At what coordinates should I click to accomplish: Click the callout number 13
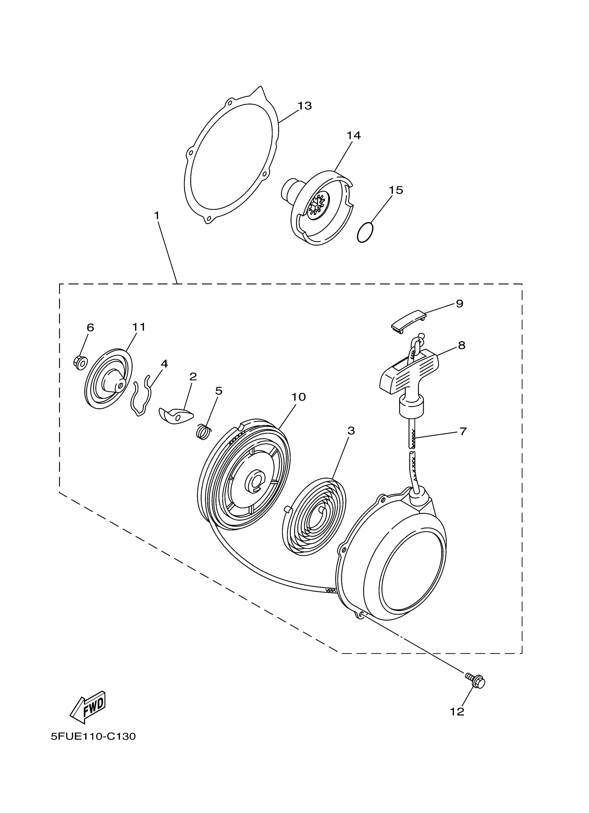(304, 106)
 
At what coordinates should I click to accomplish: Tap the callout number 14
(353, 135)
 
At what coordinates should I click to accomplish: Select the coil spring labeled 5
(204, 431)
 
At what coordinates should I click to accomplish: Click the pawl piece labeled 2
(175, 415)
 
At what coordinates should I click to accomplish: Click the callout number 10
(298, 397)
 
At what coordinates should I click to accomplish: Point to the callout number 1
(157, 216)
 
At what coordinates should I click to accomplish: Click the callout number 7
(463, 431)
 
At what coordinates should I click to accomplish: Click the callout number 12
(457, 711)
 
